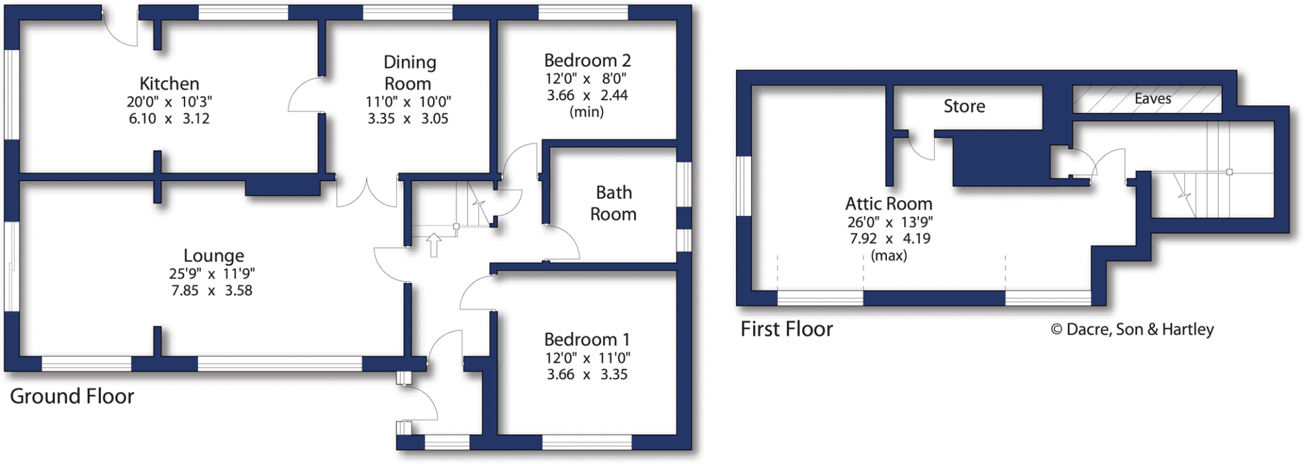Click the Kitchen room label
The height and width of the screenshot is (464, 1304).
tap(169, 83)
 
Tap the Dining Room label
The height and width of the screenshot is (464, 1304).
tap(409, 73)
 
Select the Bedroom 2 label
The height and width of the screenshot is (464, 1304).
tap(587, 61)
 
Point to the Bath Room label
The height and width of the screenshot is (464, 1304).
tap(613, 203)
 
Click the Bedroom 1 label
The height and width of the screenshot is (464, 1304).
tap(587, 339)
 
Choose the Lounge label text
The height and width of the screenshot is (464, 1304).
tap(214, 256)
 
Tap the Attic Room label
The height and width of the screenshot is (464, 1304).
tap(888, 204)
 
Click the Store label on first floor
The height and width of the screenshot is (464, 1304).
tap(964, 106)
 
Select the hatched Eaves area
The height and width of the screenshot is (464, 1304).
tap(1147, 99)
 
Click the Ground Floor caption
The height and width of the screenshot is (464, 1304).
tap(72, 396)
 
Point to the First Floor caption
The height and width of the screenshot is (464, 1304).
tap(786, 329)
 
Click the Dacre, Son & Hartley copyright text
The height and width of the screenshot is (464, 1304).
tap(1132, 329)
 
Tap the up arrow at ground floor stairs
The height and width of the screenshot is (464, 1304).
tap(434, 245)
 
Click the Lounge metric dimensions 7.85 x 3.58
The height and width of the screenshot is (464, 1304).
tap(212, 291)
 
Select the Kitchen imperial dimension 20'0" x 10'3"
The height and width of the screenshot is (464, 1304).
tap(169, 102)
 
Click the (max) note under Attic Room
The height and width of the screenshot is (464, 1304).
tap(889, 256)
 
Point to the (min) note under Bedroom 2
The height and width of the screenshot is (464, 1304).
tap(586, 112)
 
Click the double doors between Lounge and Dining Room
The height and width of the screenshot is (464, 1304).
tap(366, 192)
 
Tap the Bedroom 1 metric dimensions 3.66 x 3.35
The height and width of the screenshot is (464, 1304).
tap(587, 375)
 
